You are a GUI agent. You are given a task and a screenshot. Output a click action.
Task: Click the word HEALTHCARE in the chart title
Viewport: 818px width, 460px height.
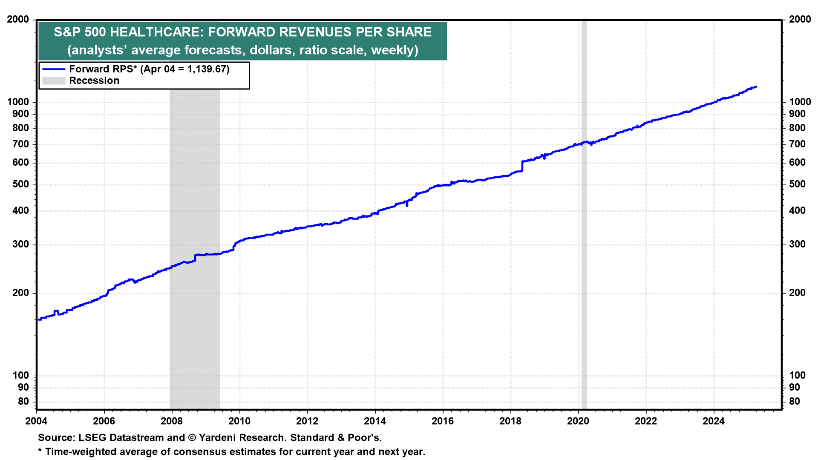(156, 32)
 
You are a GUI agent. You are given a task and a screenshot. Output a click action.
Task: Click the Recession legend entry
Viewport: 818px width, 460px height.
(81, 80)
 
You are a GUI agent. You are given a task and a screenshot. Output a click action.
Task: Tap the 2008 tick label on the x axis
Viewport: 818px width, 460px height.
(172, 421)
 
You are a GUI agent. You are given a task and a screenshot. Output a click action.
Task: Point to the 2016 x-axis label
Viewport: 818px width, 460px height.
(443, 421)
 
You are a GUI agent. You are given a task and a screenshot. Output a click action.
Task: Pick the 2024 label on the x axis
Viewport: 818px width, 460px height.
(714, 421)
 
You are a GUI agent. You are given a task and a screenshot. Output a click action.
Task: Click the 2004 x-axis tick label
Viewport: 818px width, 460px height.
(36, 421)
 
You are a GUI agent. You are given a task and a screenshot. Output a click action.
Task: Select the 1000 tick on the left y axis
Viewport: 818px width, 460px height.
(18, 102)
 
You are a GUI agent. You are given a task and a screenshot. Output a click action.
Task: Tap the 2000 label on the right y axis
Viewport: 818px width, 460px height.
(800, 20)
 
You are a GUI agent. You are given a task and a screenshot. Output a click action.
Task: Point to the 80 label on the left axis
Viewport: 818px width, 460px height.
(24, 402)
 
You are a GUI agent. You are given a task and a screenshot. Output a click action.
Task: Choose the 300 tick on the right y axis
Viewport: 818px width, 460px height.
(798, 244)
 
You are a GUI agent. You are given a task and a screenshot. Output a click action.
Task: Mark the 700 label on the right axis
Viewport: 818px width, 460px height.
(798, 144)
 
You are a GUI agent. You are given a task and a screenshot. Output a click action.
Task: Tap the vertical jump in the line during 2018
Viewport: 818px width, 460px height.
(522, 166)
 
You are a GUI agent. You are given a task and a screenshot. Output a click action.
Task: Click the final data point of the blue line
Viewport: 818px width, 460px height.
(756, 86)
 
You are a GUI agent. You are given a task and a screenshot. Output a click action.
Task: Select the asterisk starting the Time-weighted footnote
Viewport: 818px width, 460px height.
(40, 451)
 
